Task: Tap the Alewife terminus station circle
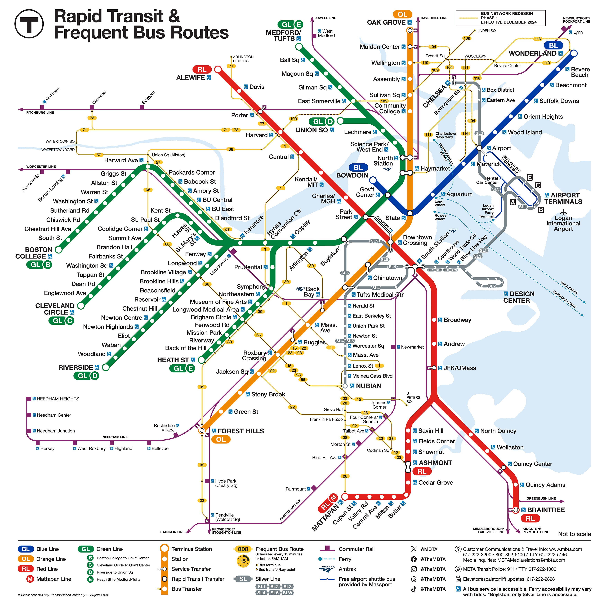coord(218,69)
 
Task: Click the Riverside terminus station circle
coord(106,367)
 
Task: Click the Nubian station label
coord(369,386)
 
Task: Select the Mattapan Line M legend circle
coord(30,579)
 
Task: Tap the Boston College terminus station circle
coord(58,250)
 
